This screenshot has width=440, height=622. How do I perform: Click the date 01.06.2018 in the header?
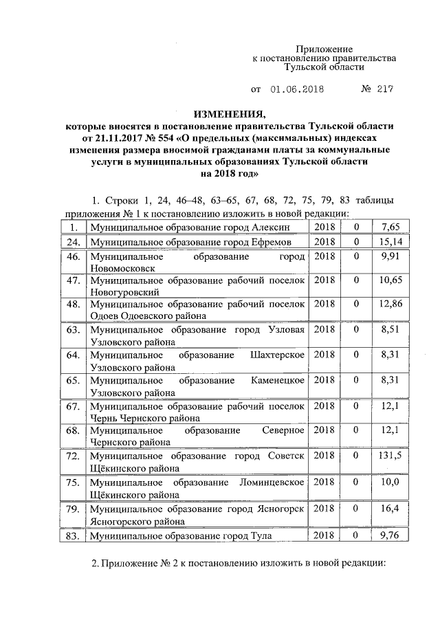tap(296, 89)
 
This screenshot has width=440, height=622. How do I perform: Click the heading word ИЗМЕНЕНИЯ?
tap(229, 113)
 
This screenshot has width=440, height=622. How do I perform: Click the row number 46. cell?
tap(71, 256)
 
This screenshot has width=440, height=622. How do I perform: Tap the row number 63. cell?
tap(71, 330)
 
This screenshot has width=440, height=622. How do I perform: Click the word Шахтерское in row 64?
tap(278, 355)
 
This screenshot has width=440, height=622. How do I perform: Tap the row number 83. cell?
tap(71, 535)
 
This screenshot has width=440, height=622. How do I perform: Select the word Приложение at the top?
tap(324, 49)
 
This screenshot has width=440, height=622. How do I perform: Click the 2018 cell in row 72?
tap(324, 456)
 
